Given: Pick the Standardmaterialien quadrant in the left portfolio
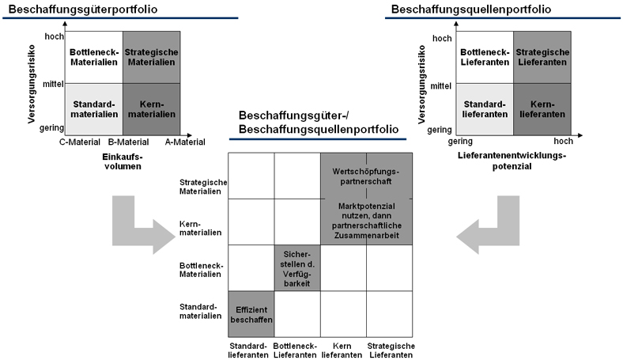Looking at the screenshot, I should (94, 108).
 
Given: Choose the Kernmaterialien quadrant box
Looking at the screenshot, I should (152, 108).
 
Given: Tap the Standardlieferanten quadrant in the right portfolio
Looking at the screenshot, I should (484, 108).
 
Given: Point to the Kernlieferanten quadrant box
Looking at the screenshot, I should (542, 108).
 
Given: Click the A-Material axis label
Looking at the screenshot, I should (184, 142).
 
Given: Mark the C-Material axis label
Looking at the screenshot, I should (80, 142).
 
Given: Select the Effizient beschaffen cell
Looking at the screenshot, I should (251, 314).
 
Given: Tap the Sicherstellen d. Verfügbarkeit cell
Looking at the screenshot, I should (296, 267).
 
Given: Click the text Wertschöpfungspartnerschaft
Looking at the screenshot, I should (367, 176).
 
